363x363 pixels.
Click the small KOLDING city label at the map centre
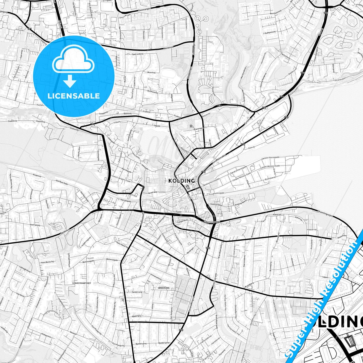[181, 181]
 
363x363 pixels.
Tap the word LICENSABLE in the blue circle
[74, 96]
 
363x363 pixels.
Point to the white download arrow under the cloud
[70, 81]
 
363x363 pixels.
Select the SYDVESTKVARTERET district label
[82, 283]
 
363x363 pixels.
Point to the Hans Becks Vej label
[47, 262]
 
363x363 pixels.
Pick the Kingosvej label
[37, 175]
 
